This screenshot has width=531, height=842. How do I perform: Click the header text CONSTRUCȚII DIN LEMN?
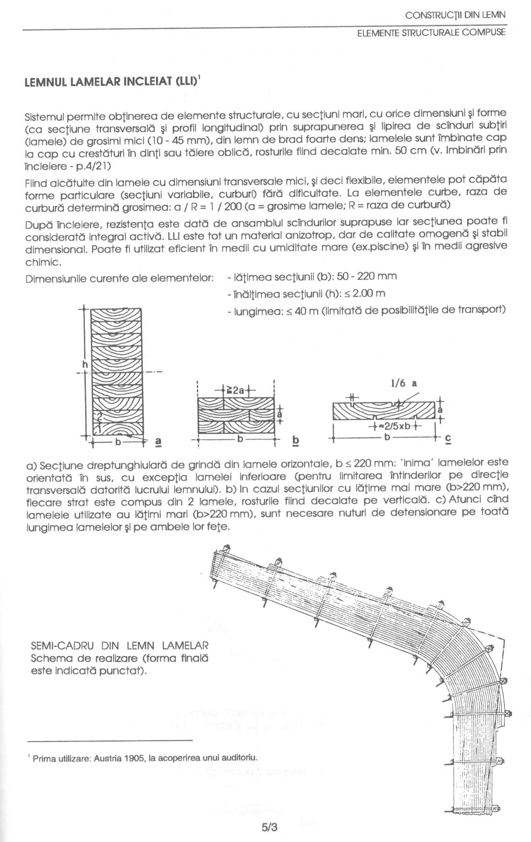tap(455, 16)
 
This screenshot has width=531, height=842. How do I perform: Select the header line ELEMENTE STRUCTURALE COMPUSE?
tap(431, 33)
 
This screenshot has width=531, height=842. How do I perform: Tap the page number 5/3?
tap(270, 827)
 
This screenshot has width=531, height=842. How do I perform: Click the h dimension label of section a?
tap(85, 364)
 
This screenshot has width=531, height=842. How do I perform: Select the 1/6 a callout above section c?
tap(403, 383)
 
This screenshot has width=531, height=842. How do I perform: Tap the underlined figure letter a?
tap(158, 441)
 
